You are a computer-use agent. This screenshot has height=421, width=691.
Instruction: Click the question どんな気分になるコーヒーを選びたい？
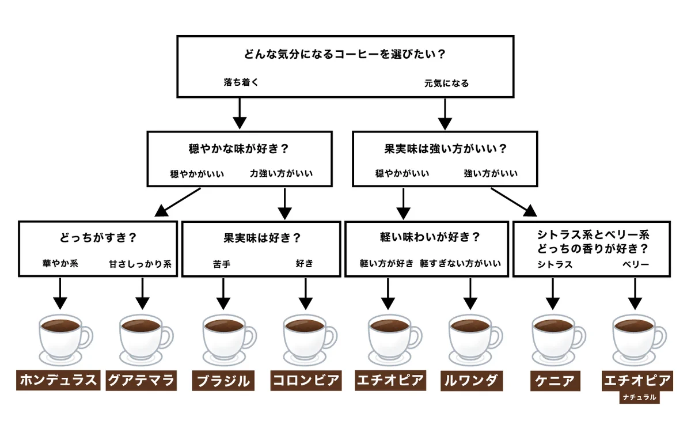tap(345, 55)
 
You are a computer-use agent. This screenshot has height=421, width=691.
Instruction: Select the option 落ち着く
tap(241, 82)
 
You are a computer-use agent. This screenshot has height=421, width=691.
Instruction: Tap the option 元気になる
tap(446, 83)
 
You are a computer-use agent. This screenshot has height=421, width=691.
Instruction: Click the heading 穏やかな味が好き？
tap(239, 149)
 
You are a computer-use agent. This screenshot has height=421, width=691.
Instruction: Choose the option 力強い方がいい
tap(282, 173)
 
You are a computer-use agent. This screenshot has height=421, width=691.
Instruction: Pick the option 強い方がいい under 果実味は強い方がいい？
tap(491, 173)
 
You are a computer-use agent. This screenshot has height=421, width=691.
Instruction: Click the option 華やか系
tap(59, 264)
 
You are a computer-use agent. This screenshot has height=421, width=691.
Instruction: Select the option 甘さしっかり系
tap(141, 264)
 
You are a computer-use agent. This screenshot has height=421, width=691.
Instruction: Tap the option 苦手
tap(222, 264)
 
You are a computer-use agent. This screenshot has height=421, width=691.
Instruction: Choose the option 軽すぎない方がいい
tap(461, 264)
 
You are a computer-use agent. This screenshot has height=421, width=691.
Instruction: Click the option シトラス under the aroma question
tap(555, 264)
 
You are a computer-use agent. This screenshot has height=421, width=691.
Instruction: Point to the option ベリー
tap(635, 264)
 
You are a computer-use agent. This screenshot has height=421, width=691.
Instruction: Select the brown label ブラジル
tap(223, 381)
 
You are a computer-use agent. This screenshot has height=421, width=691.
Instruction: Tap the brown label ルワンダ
tap(470, 381)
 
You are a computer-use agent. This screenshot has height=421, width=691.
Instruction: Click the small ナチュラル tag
tap(639, 397)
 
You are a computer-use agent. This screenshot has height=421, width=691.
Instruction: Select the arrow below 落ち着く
tap(240, 113)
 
